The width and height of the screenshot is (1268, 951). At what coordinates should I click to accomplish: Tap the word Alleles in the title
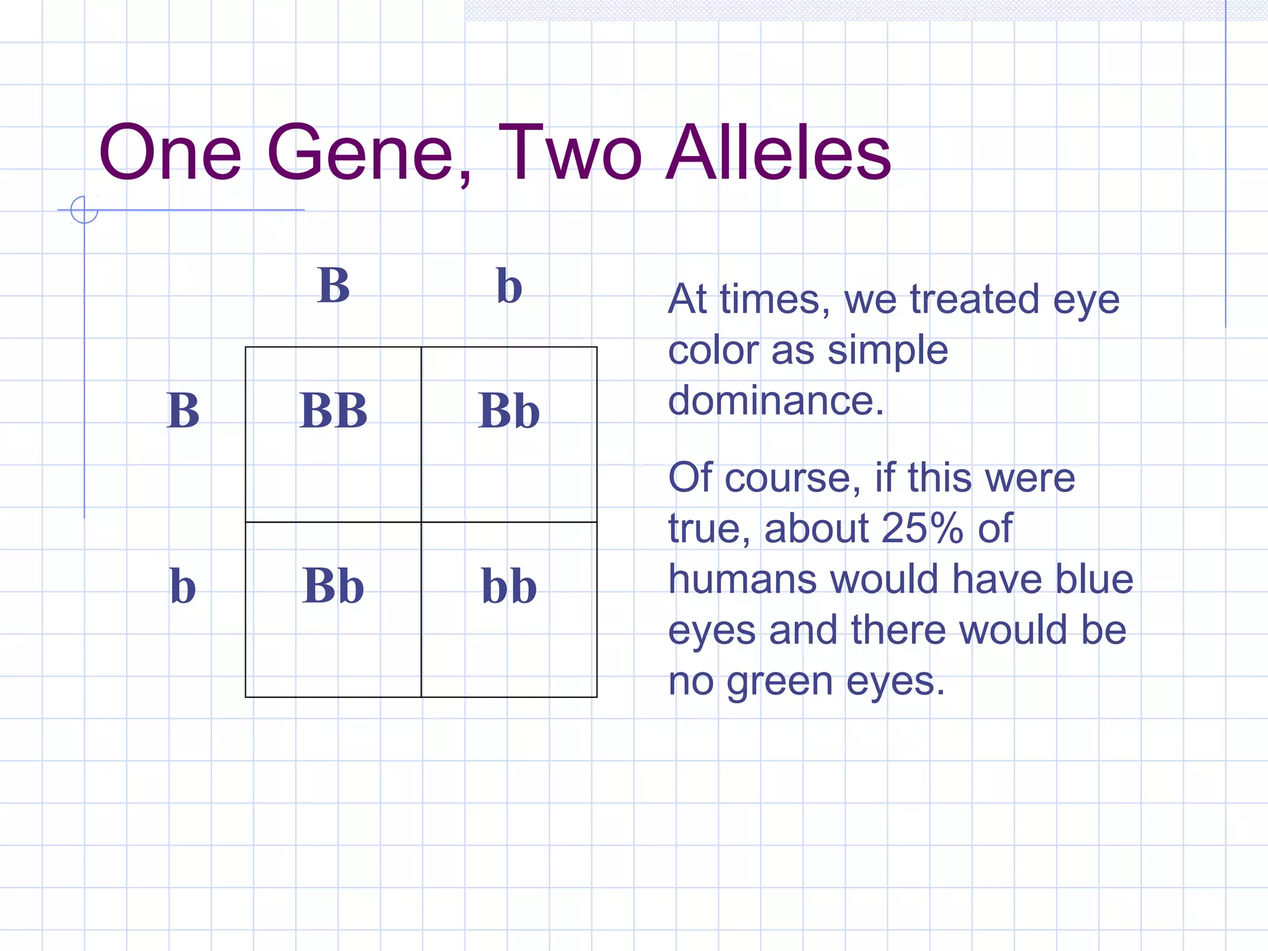778,153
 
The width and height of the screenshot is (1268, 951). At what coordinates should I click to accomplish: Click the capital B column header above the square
333,286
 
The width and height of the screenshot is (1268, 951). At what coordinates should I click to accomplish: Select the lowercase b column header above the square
509,286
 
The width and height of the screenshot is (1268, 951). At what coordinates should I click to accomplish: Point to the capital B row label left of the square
183,411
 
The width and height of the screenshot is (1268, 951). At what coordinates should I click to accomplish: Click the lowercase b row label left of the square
183,586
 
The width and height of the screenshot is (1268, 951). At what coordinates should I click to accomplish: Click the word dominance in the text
775,401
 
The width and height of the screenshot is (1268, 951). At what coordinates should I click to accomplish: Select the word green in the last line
779,682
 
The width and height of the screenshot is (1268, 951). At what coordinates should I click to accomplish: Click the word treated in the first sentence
974,300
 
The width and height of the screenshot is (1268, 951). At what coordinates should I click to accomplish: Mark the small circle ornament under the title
84,210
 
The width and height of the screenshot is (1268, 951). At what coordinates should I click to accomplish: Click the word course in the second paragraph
792,478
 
